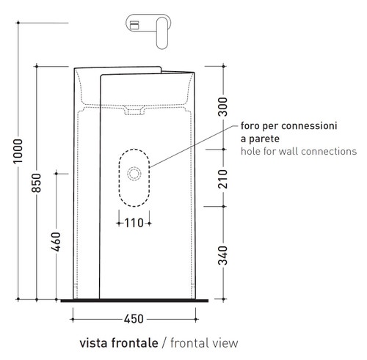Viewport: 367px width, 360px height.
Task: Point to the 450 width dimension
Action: tap(134, 319)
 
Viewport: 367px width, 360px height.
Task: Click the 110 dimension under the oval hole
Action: tap(134, 221)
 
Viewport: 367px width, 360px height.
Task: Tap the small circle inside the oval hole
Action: tap(134, 174)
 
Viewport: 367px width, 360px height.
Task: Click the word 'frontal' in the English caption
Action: tap(190, 343)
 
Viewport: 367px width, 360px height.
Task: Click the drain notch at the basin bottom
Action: tap(136, 112)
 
